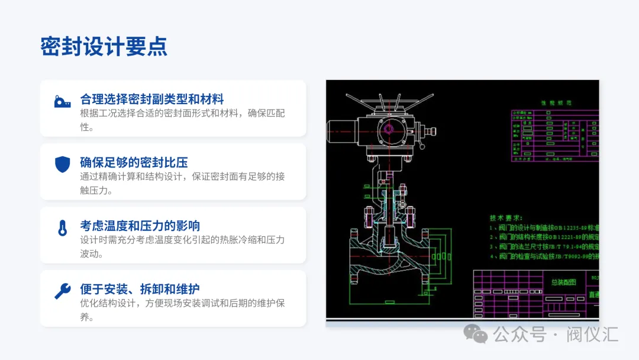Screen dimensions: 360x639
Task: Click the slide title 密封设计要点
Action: pos(104,46)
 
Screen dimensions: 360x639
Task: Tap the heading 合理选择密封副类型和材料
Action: pos(151,99)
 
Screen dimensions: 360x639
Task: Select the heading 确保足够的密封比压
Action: pos(134,162)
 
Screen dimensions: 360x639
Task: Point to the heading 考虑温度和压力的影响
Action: pos(140,226)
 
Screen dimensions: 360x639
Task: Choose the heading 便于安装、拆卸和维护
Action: pos(140,289)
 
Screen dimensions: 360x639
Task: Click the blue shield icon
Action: pos(62,165)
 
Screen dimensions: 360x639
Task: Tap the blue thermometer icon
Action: pos(62,228)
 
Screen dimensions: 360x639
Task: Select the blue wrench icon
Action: pos(62,291)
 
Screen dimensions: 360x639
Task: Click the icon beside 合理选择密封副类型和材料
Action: pos(62,101)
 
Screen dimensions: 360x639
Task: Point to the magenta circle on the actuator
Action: pos(389,129)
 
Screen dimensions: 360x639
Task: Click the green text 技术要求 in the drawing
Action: pos(506,217)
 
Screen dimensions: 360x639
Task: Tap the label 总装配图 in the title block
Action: pos(563,282)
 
